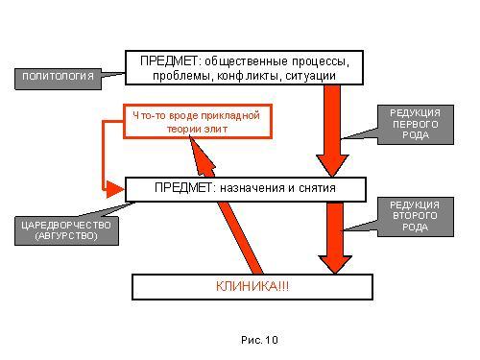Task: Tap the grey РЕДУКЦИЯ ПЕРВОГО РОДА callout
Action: (416, 125)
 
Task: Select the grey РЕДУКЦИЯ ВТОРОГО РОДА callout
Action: (416, 217)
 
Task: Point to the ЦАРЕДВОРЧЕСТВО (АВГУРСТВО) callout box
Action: (66, 231)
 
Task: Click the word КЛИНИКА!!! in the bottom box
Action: (252, 286)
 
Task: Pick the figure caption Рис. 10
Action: (259, 340)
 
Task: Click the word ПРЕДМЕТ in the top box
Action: (169, 61)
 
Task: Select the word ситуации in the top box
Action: (310, 77)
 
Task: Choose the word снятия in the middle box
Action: (317, 188)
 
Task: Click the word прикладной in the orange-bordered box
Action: (230, 116)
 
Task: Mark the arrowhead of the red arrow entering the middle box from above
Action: (332, 165)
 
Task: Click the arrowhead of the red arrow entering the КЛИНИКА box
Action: (335, 264)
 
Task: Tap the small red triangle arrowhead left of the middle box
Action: (113, 189)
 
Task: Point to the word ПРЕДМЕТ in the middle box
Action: (183, 187)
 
